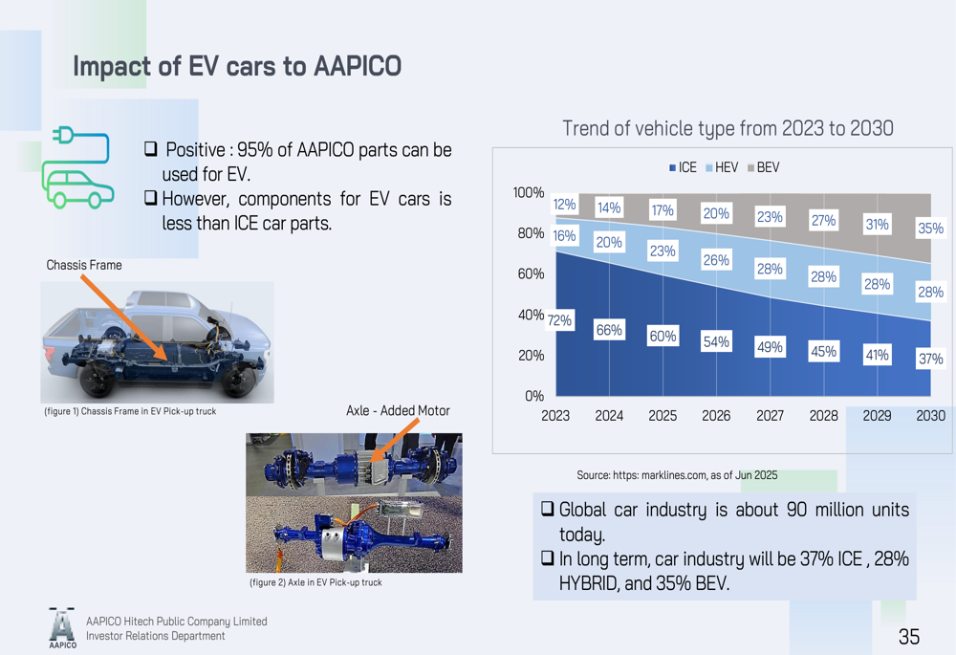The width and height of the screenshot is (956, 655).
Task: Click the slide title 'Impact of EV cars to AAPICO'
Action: coord(236,67)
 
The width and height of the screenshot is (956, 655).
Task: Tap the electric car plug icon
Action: coord(77,166)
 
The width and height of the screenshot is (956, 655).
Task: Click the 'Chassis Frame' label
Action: coord(84,265)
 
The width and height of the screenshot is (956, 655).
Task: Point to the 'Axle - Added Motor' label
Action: coord(398,411)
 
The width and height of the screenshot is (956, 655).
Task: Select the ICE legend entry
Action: coord(684,167)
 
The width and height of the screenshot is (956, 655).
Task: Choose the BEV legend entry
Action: coord(763,167)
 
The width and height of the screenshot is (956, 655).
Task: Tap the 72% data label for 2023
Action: coord(558,321)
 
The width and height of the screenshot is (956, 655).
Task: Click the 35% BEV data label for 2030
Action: coord(930,229)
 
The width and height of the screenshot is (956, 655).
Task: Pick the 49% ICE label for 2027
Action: coord(770,347)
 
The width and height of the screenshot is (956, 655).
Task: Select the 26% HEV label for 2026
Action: coord(716,260)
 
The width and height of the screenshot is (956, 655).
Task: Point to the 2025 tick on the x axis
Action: coord(663,416)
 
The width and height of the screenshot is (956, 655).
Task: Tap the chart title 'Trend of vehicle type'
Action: coord(727,128)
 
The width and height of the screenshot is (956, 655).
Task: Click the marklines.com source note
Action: coord(676,475)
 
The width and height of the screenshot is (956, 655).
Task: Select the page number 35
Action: coord(908,637)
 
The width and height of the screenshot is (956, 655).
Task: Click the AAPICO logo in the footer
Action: coord(62,627)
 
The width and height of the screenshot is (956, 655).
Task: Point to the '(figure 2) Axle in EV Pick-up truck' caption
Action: coord(315,582)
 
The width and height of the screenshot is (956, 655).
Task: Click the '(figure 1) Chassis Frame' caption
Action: coord(130,411)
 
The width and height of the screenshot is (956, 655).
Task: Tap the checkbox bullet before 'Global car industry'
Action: coord(548,510)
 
